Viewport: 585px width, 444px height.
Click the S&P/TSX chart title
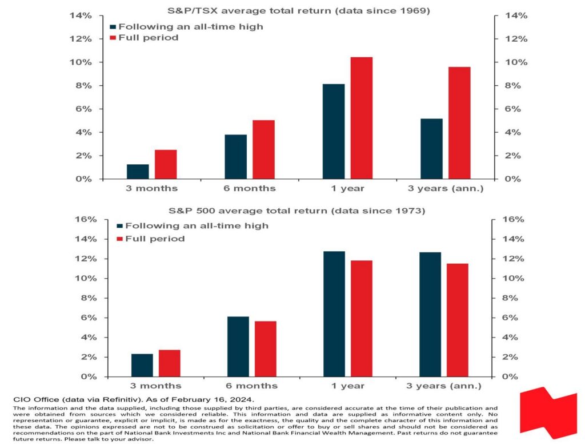298,10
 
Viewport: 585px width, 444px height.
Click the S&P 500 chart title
297,211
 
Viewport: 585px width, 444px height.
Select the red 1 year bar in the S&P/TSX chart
362,118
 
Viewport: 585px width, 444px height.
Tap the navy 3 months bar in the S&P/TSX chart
138,172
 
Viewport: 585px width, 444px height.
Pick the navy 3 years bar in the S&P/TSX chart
431,149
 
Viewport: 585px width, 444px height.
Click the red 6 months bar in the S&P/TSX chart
264,149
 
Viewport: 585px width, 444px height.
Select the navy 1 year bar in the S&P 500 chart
334,314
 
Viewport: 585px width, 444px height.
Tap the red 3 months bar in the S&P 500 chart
169,363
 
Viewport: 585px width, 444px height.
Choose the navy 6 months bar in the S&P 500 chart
238,347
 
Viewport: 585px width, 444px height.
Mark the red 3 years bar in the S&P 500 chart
458,320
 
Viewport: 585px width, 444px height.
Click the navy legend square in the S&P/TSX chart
113,27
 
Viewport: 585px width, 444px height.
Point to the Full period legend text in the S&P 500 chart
155,239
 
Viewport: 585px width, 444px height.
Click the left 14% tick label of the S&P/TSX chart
80,15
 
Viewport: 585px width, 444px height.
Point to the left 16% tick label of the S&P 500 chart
86,219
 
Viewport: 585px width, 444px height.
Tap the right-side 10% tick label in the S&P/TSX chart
516,62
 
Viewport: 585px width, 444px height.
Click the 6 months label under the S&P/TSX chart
250,188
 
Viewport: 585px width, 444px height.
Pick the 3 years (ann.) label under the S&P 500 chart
444,386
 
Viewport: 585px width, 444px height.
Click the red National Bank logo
548,413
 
